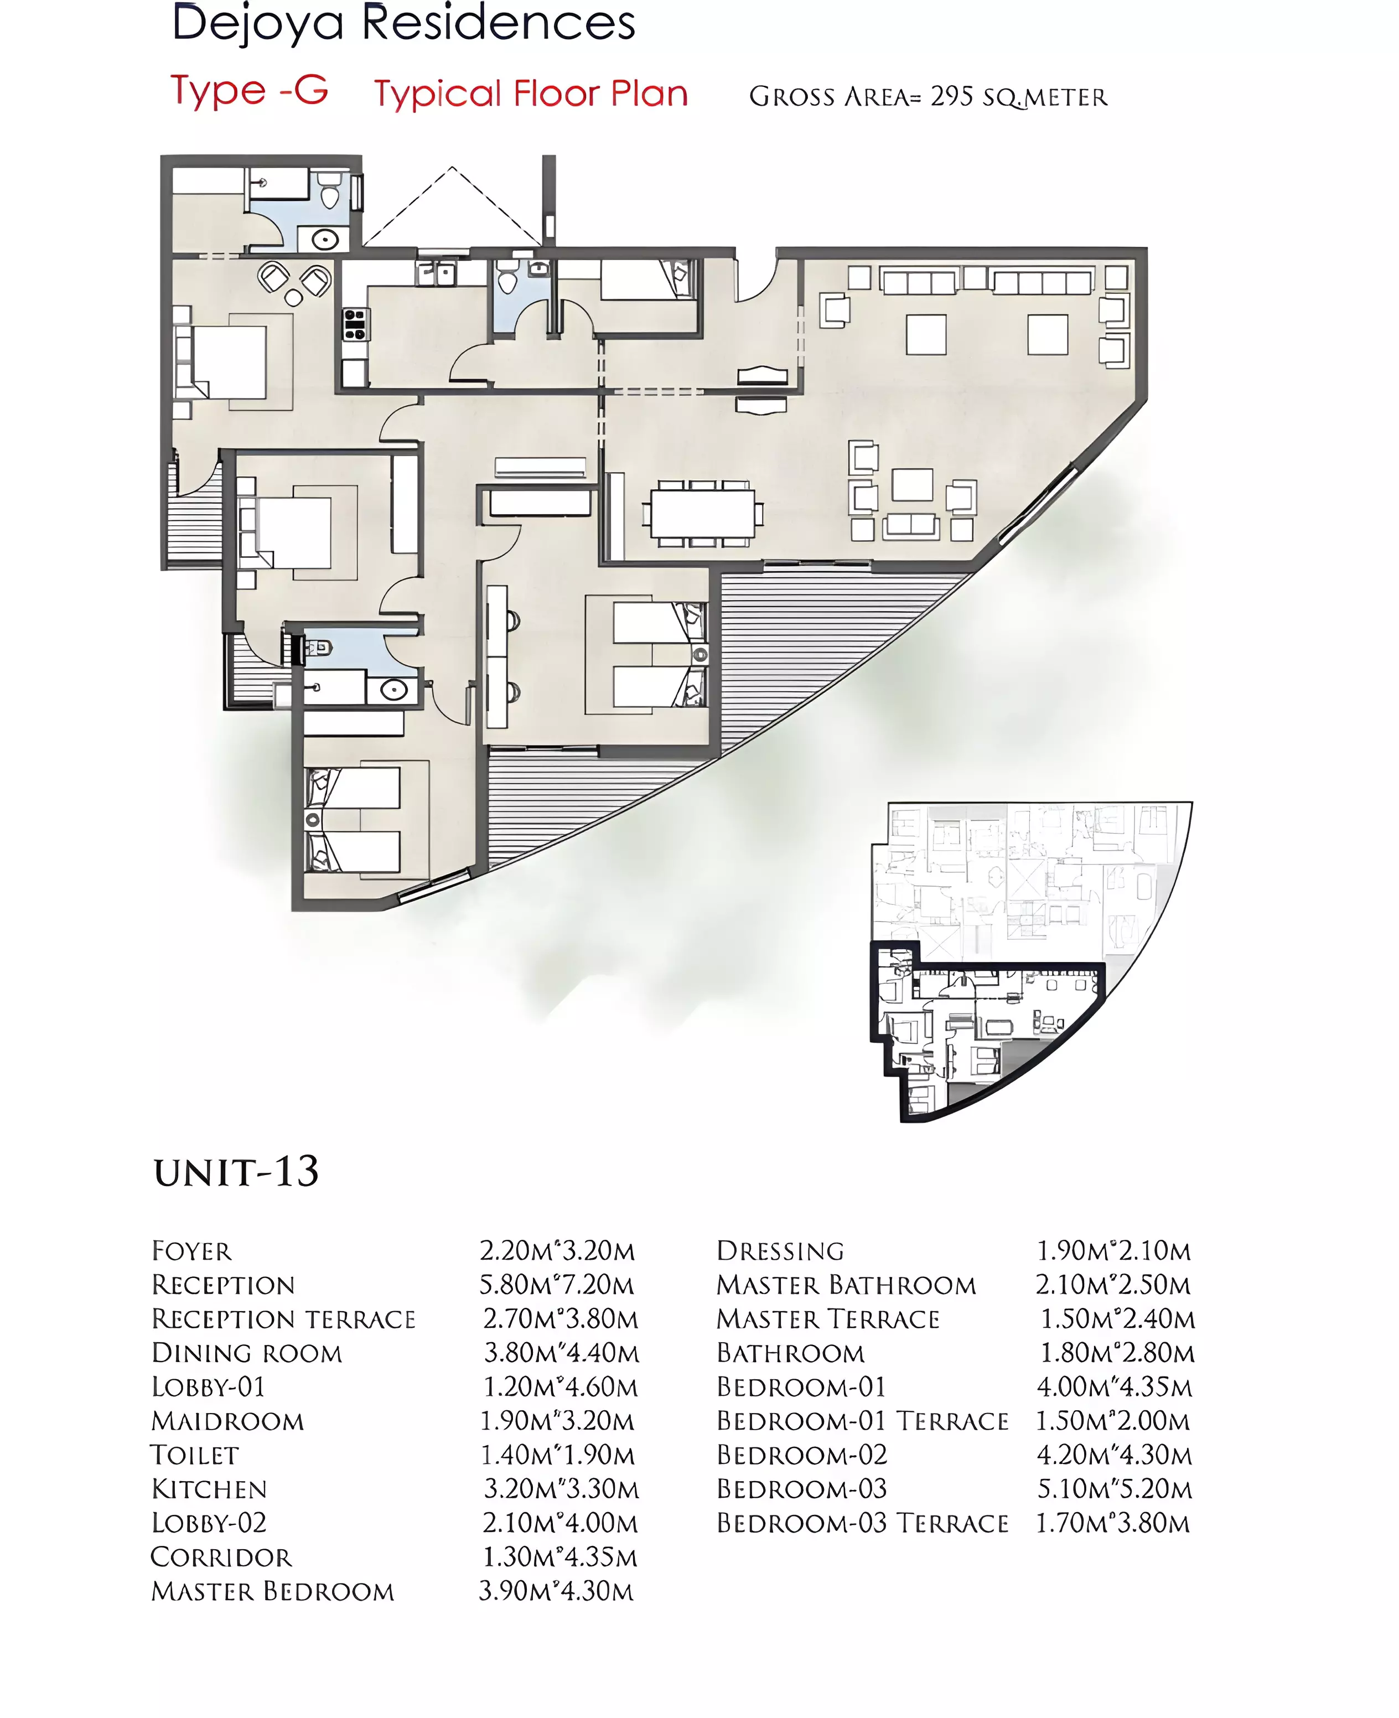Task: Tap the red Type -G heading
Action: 250,90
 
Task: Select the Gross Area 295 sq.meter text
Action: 929,97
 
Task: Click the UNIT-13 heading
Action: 236,1172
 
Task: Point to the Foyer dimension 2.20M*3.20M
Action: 557,1251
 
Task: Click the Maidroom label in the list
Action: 228,1421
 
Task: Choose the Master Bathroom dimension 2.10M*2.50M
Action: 1113,1285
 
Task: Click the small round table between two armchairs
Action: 293,299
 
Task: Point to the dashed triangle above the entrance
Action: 452,206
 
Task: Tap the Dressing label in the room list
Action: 780,1251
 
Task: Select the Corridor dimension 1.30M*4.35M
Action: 560,1557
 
